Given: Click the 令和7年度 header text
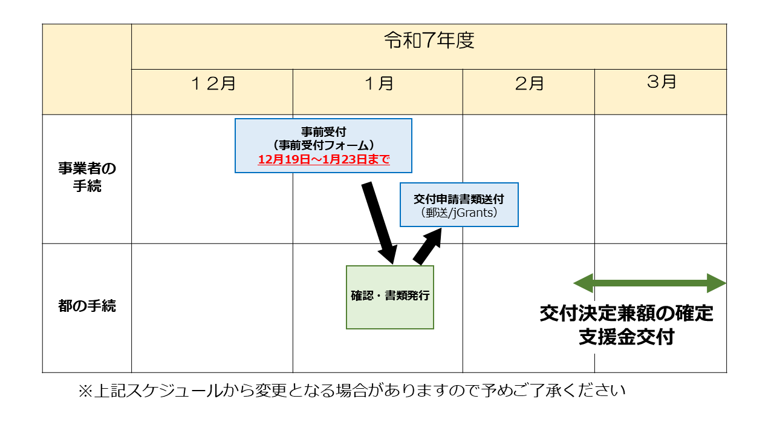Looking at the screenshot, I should point(429,41).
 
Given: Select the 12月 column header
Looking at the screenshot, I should point(213,84).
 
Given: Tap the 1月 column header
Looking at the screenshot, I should point(379,84).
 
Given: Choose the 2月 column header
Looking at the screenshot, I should point(529,84).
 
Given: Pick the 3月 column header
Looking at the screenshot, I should point(661,82).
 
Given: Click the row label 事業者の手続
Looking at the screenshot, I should point(87,177).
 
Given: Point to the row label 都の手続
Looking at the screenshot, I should point(87,306).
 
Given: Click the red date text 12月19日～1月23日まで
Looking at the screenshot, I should point(324,160).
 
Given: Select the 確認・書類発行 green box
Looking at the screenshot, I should point(390,297).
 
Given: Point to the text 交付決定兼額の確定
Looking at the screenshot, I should point(626,314).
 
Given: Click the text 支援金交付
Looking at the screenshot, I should point(626,337).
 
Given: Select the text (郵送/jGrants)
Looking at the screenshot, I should point(459,213).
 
